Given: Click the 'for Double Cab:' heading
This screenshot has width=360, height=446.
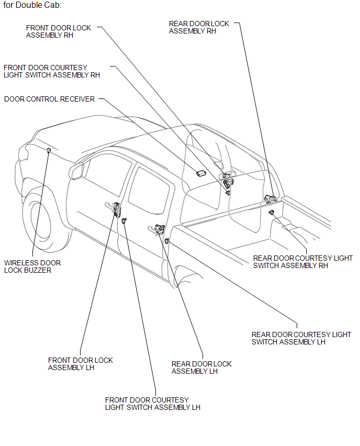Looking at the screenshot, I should (x=32, y=6).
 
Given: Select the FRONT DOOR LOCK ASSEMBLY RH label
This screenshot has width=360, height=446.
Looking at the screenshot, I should (x=58, y=31).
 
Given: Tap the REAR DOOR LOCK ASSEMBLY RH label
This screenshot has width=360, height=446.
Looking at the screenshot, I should (x=199, y=27).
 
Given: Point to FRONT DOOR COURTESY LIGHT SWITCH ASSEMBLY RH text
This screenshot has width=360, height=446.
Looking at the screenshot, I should (x=51, y=71).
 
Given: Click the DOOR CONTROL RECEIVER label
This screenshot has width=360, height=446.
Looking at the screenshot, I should (x=49, y=99).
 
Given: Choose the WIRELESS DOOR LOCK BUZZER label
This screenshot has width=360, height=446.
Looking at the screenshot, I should (x=32, y=266).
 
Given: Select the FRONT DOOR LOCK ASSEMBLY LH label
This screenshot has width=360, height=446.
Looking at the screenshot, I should (x=80, y=364).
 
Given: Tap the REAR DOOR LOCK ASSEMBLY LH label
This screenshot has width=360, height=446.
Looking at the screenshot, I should (x=201, y=367).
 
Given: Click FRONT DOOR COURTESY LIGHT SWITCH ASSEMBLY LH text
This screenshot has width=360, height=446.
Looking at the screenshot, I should (x=152, y=404).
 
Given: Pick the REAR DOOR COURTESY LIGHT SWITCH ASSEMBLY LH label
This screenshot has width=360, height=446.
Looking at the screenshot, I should (x=301, y=338).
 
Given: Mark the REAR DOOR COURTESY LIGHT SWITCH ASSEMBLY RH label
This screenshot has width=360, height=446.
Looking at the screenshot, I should (x=302, y=262).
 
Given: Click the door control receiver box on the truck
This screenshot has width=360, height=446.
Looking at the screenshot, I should (x=200, y=172).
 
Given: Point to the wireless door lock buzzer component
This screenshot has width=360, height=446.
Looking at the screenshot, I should (x=49, y=151).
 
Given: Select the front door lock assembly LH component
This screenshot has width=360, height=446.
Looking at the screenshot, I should (x=116, y=208).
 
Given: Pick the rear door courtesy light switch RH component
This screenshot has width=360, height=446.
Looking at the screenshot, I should (x=272, y=212).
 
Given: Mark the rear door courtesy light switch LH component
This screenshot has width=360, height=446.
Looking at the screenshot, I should (x=166, y=241).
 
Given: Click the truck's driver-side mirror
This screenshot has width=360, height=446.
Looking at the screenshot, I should (x=77, y=171).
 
